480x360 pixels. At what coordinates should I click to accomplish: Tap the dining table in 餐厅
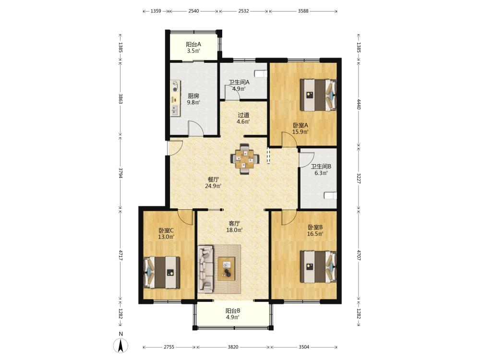point(245,158)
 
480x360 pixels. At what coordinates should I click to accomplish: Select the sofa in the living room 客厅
point(205,268)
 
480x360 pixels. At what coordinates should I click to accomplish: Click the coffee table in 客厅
point(227,269)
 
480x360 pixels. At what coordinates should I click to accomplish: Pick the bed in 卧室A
point(318,95)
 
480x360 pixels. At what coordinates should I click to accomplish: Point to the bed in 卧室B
point(318,266)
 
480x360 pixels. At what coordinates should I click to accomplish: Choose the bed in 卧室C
point(162,273)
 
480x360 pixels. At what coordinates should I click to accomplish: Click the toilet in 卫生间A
point(261,74)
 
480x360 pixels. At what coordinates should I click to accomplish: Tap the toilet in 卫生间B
point(331,195)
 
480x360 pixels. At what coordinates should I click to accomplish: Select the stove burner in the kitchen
point(175,86)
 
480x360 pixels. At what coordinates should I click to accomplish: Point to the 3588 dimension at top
point(303,11)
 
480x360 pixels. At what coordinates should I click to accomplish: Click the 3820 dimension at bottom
point(233,347)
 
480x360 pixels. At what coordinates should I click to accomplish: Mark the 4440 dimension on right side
point(359,104)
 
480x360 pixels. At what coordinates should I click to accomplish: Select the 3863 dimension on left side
point(120,99)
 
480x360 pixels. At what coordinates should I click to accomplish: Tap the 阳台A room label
point(193,44)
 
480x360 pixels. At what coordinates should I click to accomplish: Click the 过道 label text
point(243,115)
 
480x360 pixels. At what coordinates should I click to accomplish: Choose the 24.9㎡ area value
point(213,186)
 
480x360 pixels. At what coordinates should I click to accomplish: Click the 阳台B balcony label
point(233,311)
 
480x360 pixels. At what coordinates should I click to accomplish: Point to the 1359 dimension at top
point(156,11)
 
